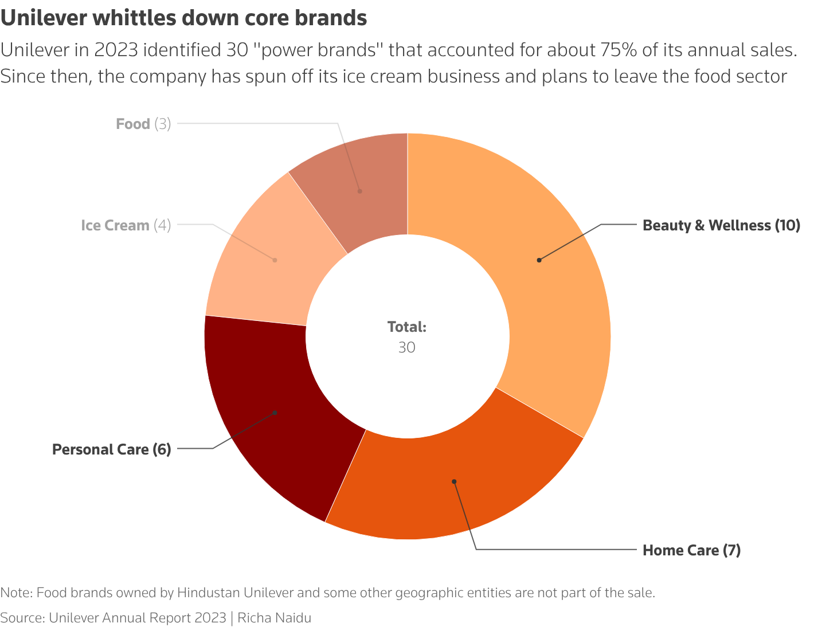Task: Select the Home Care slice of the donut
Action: [453, 487]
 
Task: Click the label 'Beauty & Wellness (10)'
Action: [721, 225]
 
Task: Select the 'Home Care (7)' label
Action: [691, 550]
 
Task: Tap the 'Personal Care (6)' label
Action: [112, 449]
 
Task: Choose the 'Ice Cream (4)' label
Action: [126, 225]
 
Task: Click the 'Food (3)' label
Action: [143, 124]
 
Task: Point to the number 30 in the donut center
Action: [407, 348]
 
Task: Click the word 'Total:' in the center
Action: [407, 327]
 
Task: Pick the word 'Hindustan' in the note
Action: [204, 593]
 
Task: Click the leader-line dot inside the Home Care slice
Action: [454, 481]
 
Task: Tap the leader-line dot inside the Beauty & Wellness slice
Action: [539, 260]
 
